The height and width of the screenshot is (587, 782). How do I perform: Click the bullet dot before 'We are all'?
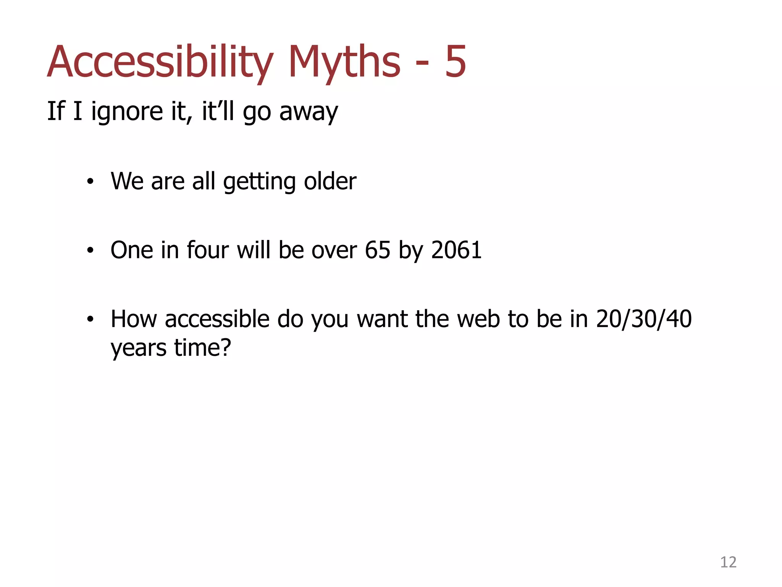[x=90, y=182]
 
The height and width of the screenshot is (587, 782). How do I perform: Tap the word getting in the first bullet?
[x=259, y=182]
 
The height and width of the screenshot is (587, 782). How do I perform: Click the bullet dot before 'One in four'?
[x=90, y=251]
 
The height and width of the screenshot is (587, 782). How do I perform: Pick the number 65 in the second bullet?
[x=377, y=250]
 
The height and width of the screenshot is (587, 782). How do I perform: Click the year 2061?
[x=456, y=250]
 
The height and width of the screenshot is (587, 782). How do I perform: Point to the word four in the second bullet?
[x=208, y=250]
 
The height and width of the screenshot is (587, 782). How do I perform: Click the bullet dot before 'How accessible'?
[x=90, y=319]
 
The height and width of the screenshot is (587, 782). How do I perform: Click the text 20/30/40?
[x=644, y=319]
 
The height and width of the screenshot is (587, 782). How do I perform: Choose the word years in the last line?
[x=139, y=349]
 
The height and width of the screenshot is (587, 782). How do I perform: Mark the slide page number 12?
[x=728, y=563]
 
